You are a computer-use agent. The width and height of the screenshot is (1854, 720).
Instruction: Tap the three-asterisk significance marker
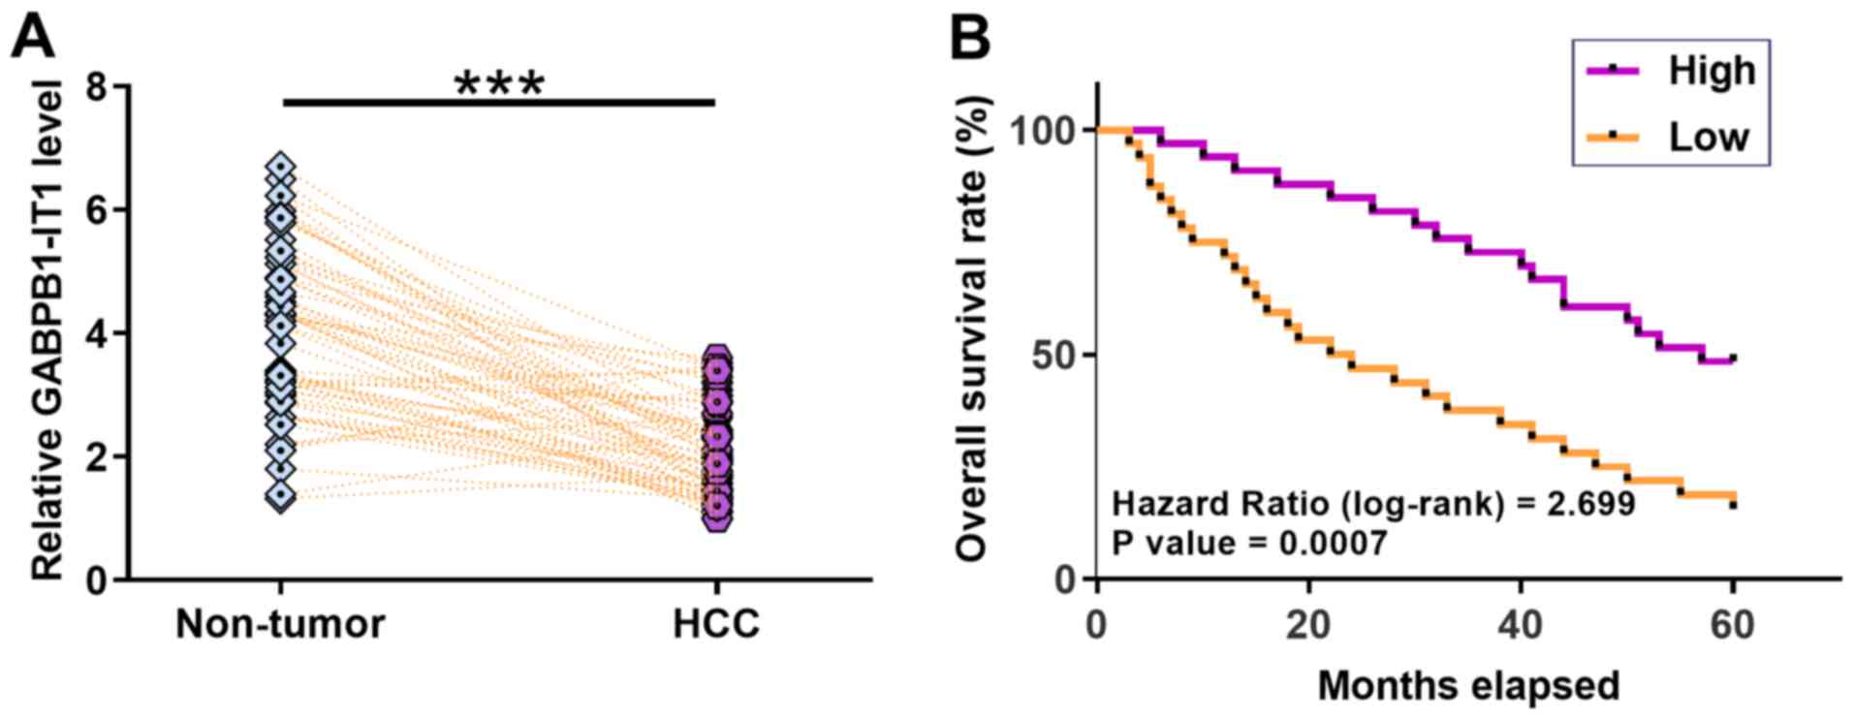click(499, 85)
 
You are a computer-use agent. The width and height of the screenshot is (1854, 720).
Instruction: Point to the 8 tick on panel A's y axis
click(97, 87)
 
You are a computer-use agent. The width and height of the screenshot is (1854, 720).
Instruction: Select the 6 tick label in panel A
click(97, 210)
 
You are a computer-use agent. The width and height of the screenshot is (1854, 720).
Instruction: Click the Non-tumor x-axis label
click(280, 624)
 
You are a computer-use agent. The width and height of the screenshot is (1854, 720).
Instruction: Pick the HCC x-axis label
click(716, 624)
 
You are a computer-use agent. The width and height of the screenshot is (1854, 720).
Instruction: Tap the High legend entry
click(1712, 71)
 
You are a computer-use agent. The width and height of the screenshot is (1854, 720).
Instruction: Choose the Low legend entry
click(1708, 137)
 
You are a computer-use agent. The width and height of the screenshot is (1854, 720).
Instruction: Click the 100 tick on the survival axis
click(1043, 130)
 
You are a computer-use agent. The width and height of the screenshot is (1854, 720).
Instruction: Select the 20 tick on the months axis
click(1308, 625)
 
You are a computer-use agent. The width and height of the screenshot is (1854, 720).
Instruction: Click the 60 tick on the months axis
click(1732, 625)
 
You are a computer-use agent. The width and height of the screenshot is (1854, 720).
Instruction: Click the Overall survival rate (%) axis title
click(971, 329)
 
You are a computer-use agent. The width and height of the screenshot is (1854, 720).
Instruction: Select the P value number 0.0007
click(1332, 544)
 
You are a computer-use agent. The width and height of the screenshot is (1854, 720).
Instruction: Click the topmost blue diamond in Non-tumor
click(281, 167)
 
